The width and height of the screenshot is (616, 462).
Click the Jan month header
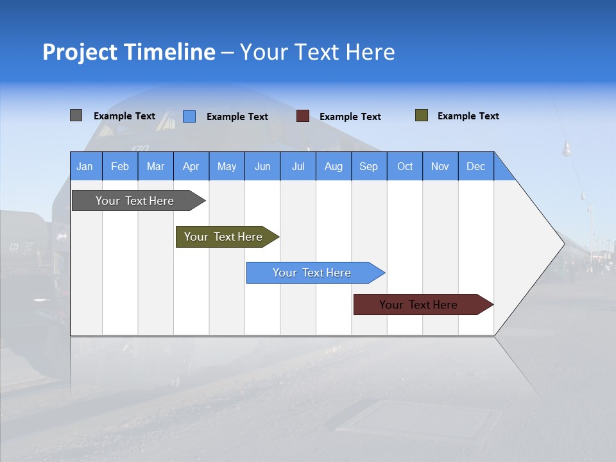point(85,166)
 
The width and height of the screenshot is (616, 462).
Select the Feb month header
point(120,166)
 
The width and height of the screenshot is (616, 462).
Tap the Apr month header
point(191,166)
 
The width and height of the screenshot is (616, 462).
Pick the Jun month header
point(262,166)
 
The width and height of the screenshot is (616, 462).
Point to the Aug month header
point(334,166)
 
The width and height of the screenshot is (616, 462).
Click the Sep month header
point(369,166)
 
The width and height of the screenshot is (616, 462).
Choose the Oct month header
point(405,166)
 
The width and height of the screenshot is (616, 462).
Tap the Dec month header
point(476,166)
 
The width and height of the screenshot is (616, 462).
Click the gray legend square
point(76,116)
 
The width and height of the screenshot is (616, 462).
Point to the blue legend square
point(189,116)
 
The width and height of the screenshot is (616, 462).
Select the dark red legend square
point(303,116)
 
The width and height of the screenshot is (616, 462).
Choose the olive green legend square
point(422,116)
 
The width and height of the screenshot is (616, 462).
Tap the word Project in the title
point(80,52)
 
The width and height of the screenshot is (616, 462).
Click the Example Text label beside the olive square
point(468,116)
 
